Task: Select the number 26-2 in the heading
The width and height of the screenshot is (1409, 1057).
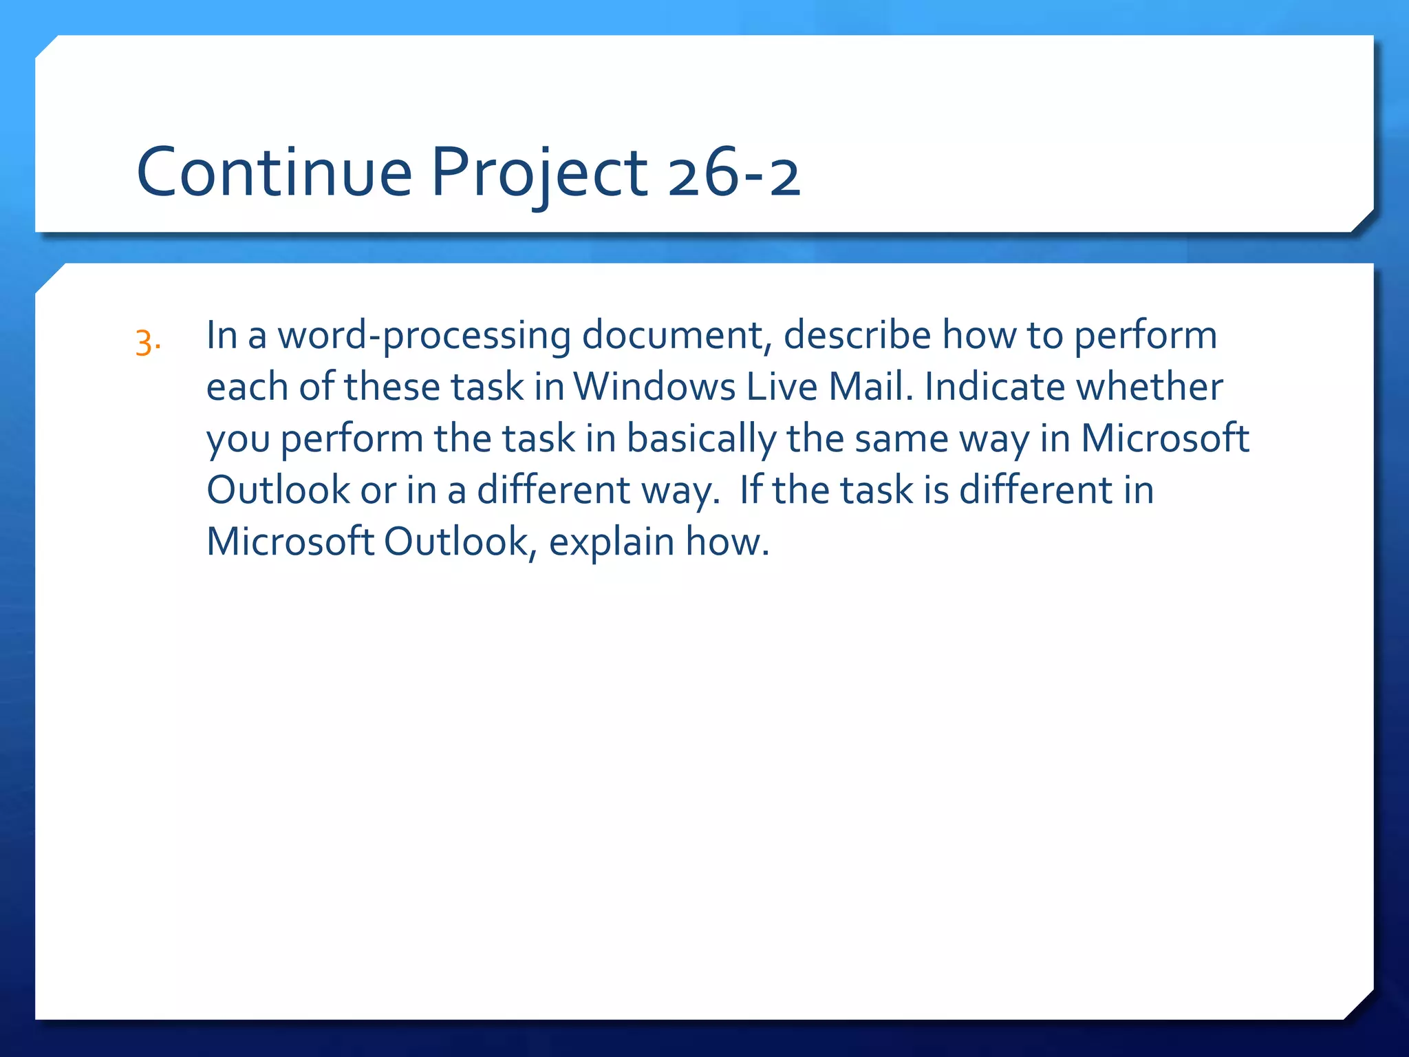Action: pyautogui.click(x=733, y=173)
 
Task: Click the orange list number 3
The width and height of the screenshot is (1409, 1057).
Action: pyautogui.click(x=147, y=343)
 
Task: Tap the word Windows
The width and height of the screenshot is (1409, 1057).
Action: pyautogui.click(x=654, y=387)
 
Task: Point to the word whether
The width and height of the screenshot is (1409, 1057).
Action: pyautogui.click(x=1150, y=387)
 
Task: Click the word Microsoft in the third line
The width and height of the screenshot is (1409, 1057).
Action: pyautogui.click(x=1164, y=438)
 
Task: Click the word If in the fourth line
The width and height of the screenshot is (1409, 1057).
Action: pyautogui.click(x=751, y=490)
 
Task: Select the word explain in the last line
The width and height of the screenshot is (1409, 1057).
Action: pyautogui.click(x=611, y=542)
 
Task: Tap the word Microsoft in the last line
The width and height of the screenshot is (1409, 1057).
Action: pyautogui.click(x=290, y=542)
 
